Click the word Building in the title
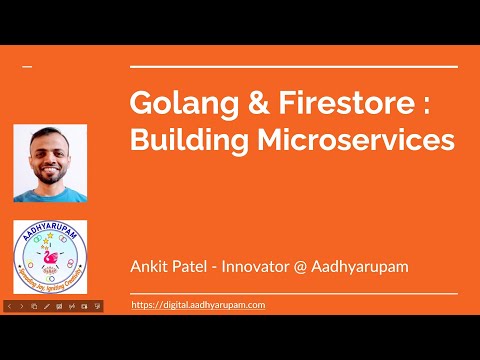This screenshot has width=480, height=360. point(181,141)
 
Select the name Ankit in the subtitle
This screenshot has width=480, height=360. point(151,266)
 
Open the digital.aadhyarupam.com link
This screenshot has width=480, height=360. point(198,304)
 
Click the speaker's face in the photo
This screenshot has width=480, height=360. point(50,155)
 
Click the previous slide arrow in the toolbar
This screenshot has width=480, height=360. point(10,305)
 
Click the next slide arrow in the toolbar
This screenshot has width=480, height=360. point(22,305)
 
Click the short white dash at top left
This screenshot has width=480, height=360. point(27,67)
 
